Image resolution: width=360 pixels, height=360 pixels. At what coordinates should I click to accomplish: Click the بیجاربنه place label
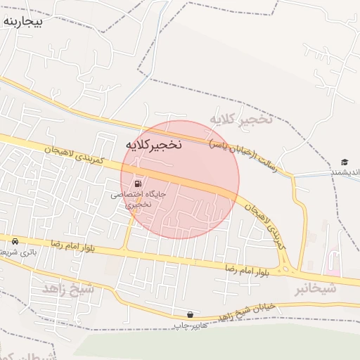pyautogui.click(x=23, y=22)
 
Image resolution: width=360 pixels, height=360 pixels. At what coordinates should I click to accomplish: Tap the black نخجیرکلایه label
pyautogui.click(x=153, y=145)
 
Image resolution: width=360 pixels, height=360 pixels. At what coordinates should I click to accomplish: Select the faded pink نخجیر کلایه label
pyautogui.click(x=240, y=120)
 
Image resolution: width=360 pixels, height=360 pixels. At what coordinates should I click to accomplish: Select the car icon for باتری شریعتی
pyautogui.click(x=15, y=241)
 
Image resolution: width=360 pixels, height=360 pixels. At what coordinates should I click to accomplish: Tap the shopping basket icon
pyautogui.click(x=190, y=314)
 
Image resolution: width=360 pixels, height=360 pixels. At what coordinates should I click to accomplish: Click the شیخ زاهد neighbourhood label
pyautogui.click(x=68, y=288)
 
